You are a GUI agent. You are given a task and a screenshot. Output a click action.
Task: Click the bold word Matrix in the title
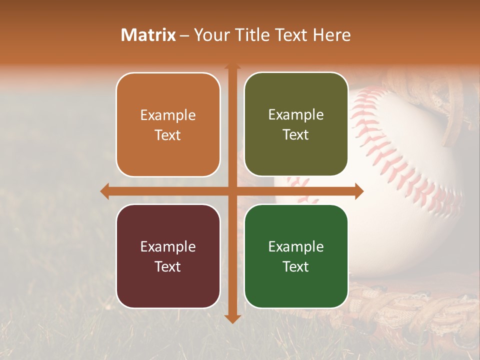(148, 35)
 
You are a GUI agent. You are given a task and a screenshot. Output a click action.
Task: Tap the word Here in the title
(331, 35)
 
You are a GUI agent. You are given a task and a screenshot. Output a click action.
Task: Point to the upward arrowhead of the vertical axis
(232, 67)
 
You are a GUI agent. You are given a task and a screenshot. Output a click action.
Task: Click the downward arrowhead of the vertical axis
(232, 318)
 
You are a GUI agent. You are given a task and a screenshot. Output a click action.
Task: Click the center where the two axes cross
(232, 191)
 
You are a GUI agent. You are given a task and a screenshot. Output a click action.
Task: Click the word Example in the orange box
(168, 115)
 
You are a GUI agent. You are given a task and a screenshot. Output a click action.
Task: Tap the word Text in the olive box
(296, 135)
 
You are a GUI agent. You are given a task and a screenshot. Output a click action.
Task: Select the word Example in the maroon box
(168, 246)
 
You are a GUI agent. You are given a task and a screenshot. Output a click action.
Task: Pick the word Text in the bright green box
(296, 266)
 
